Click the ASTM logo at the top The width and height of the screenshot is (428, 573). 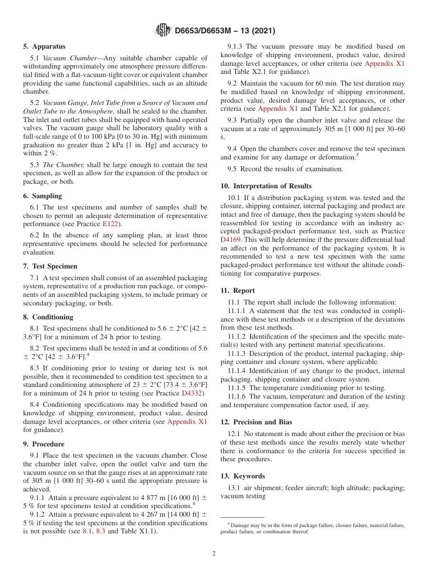tap(163, 31)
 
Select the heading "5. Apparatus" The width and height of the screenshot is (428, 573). tap(44, 46)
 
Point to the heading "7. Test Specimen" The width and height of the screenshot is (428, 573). tap(50, 266)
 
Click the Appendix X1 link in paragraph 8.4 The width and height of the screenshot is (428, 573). tap(187, 422)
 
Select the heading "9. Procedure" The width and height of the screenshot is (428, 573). tap(44, 444)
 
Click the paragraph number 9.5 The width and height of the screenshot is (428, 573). tap(232, 169)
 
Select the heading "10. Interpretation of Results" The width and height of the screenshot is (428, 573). tap(266, 186)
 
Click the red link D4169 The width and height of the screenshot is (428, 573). tap(230, 240)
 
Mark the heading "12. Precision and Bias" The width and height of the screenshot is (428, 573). tap(256, 422)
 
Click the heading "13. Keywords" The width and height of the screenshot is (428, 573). tap(242, 476)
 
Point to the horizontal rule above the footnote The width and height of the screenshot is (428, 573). tap(242, 517)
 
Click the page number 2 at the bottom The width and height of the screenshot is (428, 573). tap(214, 554)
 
